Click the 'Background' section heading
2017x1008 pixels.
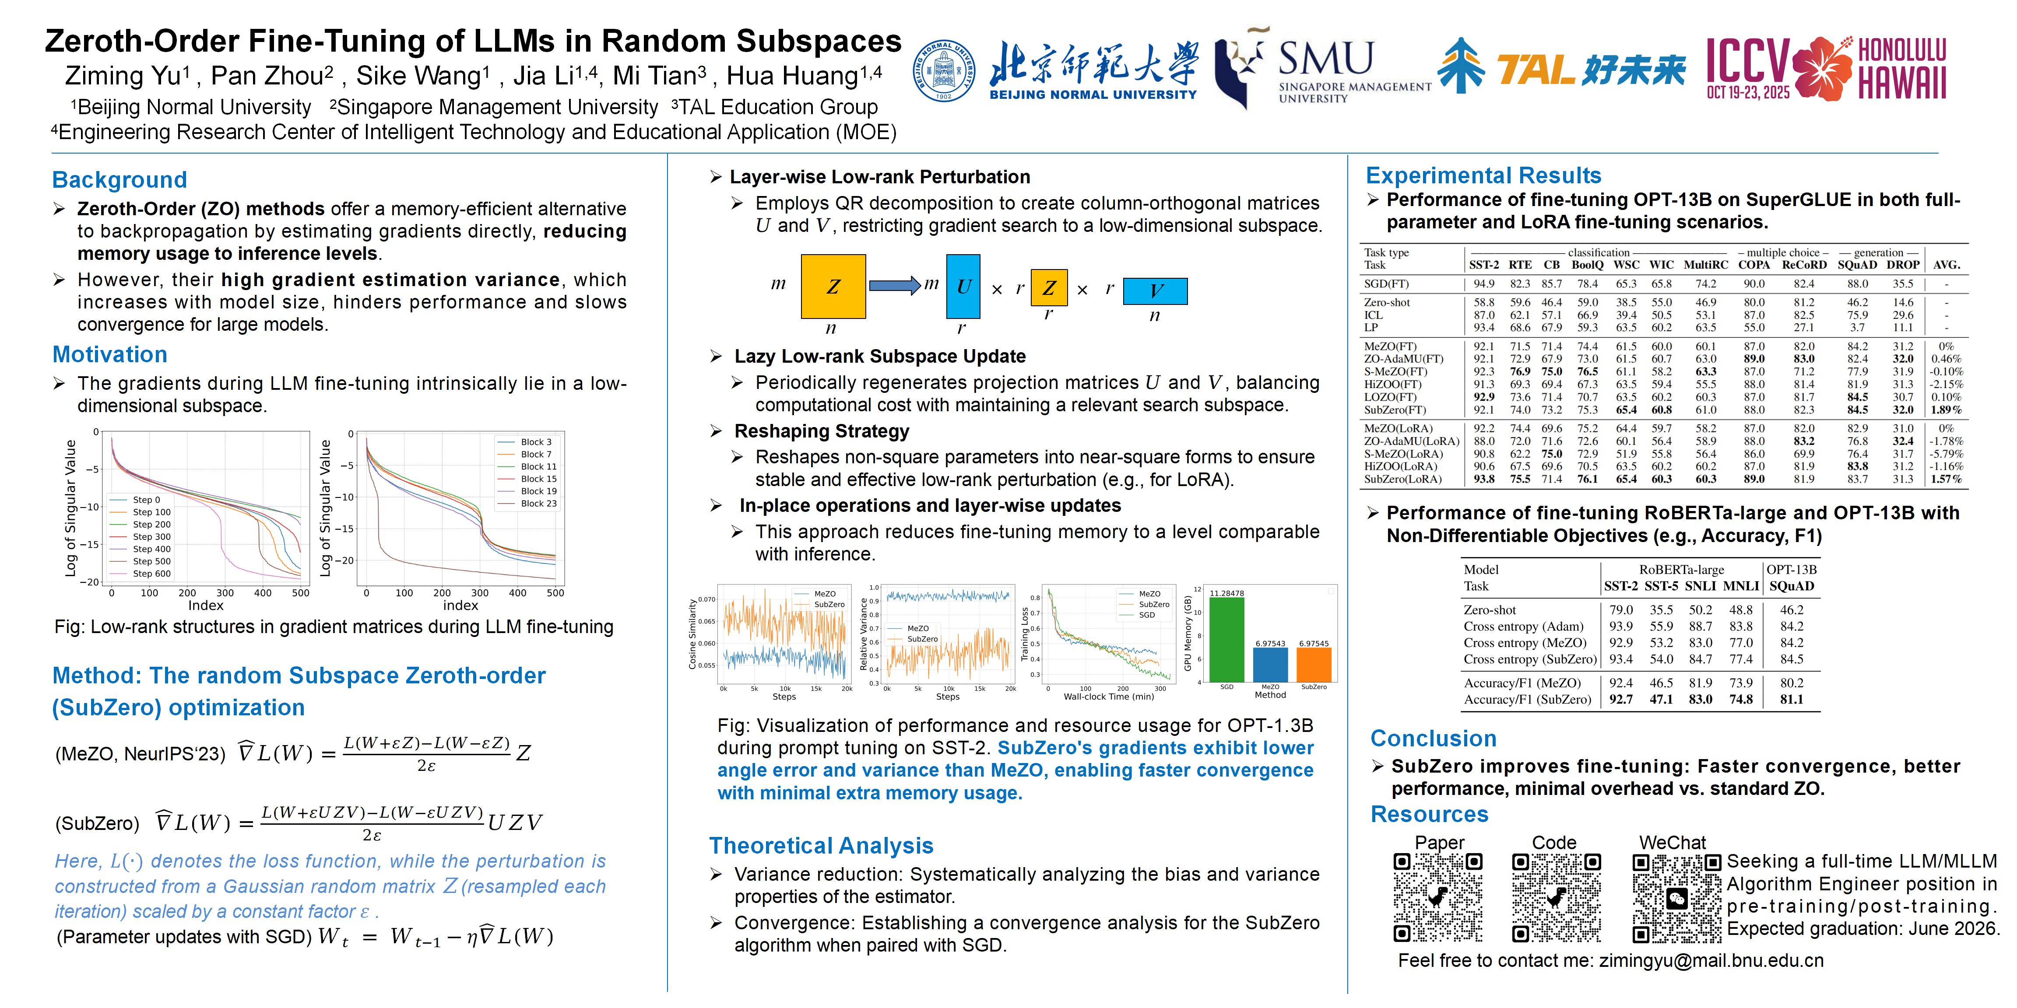(119, 179)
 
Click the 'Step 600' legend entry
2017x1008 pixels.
(151, 574)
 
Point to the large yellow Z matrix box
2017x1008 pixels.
(833, 287)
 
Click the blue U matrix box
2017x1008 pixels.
(963, 287)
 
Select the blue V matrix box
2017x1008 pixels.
(1155, 290)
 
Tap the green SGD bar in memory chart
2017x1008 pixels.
(1226, 639)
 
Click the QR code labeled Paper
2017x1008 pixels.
(1437, 897)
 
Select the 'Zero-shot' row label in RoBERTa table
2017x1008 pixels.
(1489, 609)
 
